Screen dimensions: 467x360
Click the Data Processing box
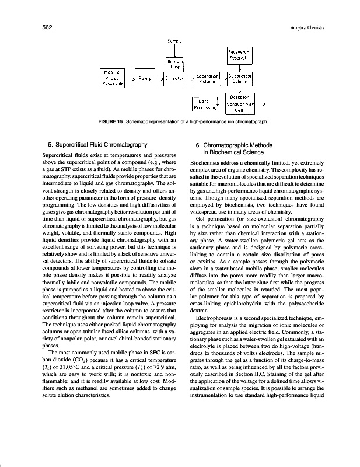pos(204,105)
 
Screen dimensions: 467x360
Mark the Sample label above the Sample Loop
pos(176,41)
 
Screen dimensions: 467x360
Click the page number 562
pos(48,27)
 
